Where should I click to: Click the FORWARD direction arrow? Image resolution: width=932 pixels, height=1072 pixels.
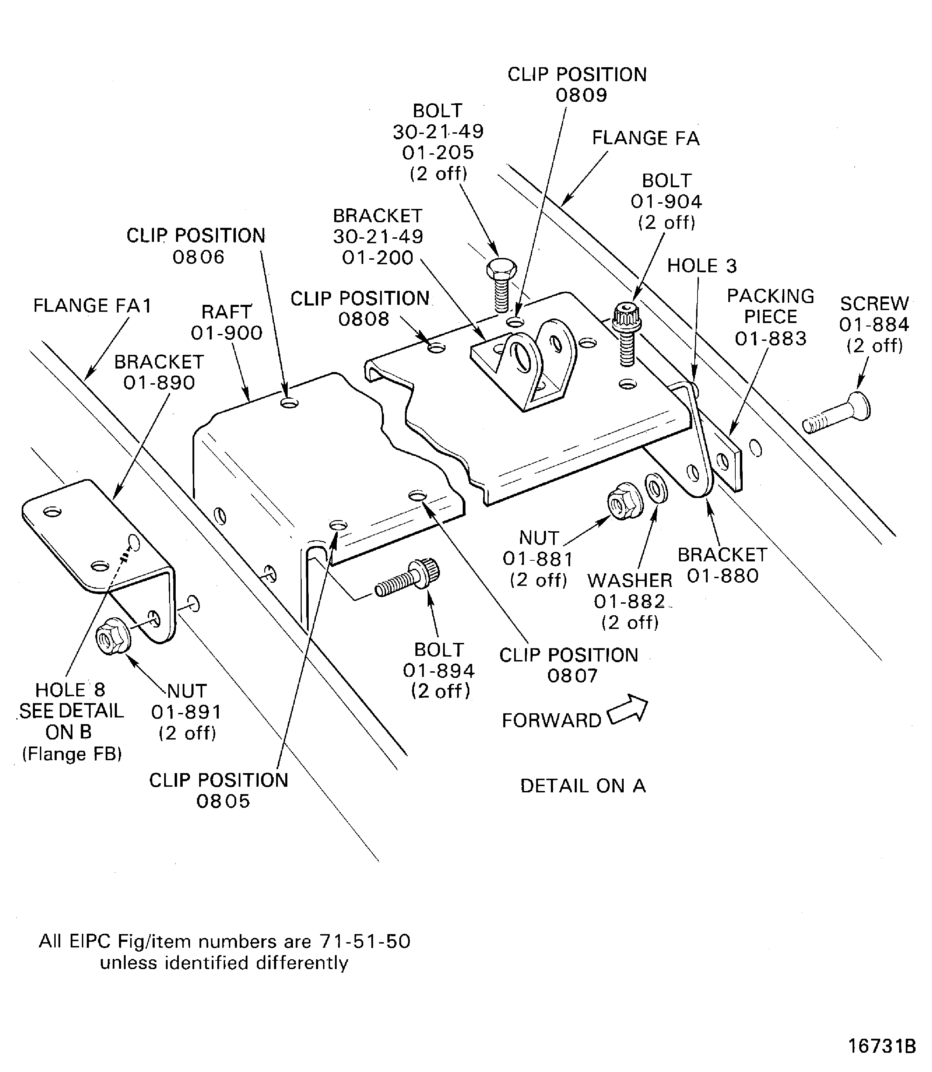click(x=628, y=710)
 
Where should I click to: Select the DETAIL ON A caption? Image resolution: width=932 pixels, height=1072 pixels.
click(x=582, y=786)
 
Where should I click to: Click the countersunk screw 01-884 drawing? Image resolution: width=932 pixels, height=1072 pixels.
click(x=836, y=414)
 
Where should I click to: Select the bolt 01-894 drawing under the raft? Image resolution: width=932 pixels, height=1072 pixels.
click(x=408, y=579)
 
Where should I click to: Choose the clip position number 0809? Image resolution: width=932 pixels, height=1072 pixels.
click(x=581, y=96)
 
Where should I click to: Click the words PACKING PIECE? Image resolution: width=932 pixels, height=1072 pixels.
click(x=770, y=306)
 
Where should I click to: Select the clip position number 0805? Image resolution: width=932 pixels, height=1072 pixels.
click(x=223, y=801)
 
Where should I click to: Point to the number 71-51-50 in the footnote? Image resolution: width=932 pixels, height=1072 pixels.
click(x=365, y=941)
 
